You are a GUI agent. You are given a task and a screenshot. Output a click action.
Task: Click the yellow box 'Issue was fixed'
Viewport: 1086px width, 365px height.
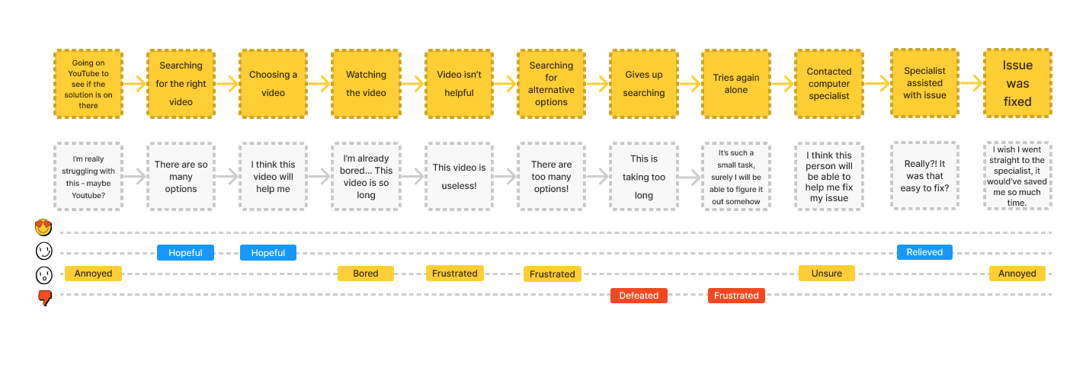(1017, 83)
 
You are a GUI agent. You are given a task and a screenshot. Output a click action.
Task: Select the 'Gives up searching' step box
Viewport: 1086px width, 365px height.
(643, 83)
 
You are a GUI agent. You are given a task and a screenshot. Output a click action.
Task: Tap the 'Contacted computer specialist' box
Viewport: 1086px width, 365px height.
(828, 83)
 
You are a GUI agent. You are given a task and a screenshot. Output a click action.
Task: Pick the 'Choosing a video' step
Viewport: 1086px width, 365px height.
(273, 83)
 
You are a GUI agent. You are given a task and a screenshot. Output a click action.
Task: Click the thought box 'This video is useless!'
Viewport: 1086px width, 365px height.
(459, 177)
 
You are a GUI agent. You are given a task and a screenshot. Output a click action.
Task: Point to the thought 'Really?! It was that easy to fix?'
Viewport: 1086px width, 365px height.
(924, 175)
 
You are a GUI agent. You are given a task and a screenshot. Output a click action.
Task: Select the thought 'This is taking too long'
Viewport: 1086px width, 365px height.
(643, 177)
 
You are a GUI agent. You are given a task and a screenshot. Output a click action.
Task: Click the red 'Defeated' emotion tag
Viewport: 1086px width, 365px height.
(639, 296)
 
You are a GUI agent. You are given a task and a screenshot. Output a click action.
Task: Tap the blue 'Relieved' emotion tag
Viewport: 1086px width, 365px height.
(924, 252)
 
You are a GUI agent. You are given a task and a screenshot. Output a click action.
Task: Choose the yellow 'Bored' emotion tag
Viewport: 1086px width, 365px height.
(366, 274)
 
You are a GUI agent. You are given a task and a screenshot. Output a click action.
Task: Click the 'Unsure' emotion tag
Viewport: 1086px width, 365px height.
(827, 274)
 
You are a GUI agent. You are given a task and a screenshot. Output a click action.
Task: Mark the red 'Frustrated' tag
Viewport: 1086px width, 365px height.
(736, 296)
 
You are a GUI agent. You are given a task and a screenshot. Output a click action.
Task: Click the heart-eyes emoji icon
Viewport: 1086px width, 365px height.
(43, 227)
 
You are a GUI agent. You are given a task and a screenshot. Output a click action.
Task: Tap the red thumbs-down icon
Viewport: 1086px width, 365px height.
(45, 298)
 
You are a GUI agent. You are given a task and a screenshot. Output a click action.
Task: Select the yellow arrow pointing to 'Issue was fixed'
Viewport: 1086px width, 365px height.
(971, 83)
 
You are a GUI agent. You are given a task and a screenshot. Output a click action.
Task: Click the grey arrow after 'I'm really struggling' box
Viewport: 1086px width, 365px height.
(135, 177)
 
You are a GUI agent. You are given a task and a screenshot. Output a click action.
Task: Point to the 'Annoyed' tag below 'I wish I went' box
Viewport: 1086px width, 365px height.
(1017, 274)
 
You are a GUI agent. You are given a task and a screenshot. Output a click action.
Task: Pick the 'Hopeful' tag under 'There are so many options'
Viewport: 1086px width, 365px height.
(185, 252)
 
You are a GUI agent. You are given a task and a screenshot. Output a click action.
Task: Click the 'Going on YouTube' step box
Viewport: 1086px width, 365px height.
(88, 83)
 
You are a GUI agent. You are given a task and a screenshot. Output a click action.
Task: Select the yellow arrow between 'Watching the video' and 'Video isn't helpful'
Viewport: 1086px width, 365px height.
(412, 83)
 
